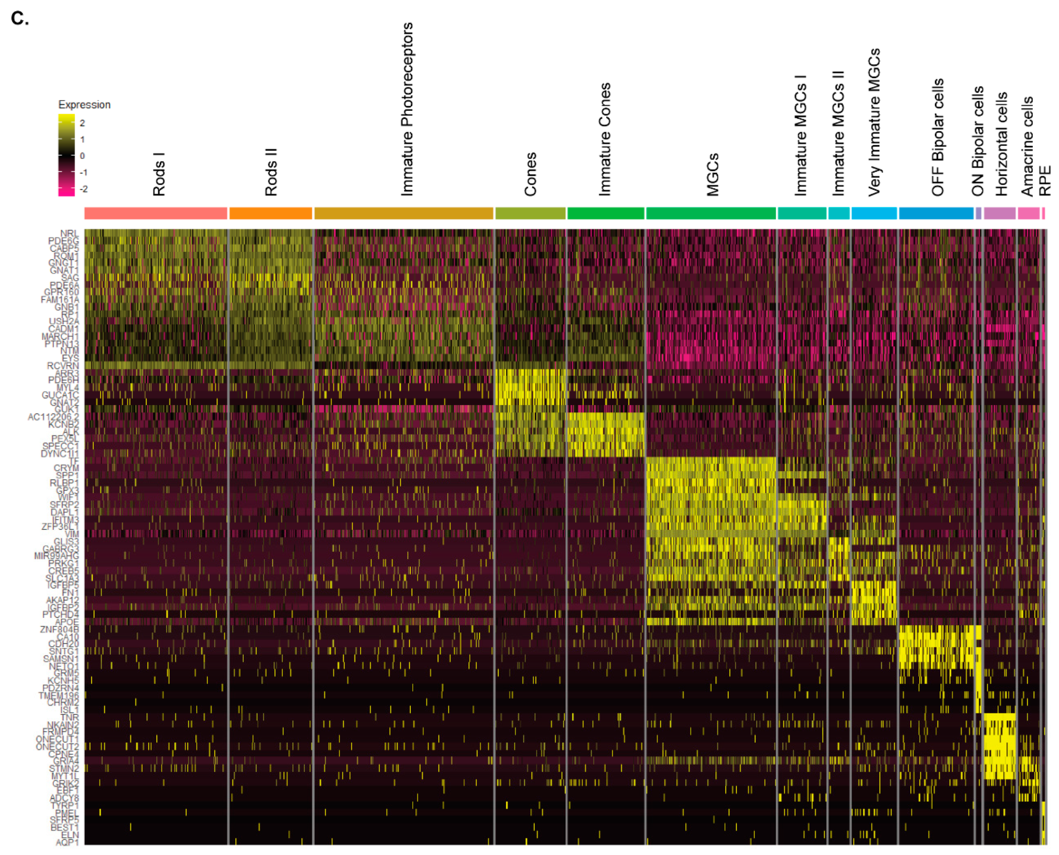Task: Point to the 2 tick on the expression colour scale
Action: [x=82, y=123]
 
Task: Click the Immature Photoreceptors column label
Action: [x=406, y=109]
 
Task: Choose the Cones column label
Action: [x=530, y=174]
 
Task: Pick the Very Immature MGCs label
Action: [x=874, y=122]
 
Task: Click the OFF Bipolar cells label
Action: [x=937, y=137]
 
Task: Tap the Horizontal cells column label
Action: [x=1001, y=144]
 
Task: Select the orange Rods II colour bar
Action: [x=271, y=213]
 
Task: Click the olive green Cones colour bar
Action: [x=530, y=213]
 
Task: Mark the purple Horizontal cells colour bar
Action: [x=999, y=213]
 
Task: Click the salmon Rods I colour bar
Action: [x=156, y=213]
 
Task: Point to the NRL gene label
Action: [x=70, y=233]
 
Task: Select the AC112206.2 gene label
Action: [x=53, y=417]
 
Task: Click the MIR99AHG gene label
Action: [x=56, y=556]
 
